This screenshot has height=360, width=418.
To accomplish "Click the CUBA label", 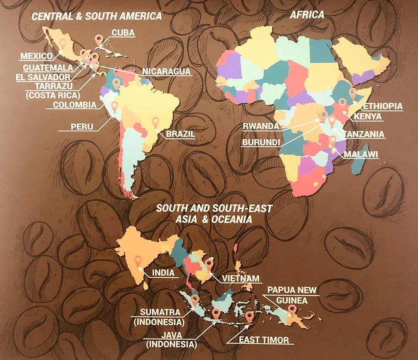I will tap(123, 33).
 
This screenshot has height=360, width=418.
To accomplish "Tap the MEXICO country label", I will tap(36, 56).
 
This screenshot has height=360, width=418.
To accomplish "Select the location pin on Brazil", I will tap(155, 123).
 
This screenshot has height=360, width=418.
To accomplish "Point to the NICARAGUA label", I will tap(167, 71).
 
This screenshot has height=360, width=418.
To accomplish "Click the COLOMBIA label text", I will tap(74, 104).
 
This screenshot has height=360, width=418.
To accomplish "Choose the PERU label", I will tap(82, 127).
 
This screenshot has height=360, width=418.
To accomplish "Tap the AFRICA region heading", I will tap(307, 15).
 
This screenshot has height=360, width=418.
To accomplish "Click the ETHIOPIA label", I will tap(383, 106).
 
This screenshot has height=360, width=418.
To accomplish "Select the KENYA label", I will tap(368, 117).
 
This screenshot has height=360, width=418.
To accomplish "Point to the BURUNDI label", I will tap(261, 142).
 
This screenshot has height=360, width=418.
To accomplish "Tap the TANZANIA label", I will tap(364, 134).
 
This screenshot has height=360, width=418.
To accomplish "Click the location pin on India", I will tap(138, 261).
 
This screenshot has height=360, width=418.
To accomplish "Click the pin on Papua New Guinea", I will tap(292, 310).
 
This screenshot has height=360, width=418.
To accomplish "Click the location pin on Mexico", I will tap(63, 43).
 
